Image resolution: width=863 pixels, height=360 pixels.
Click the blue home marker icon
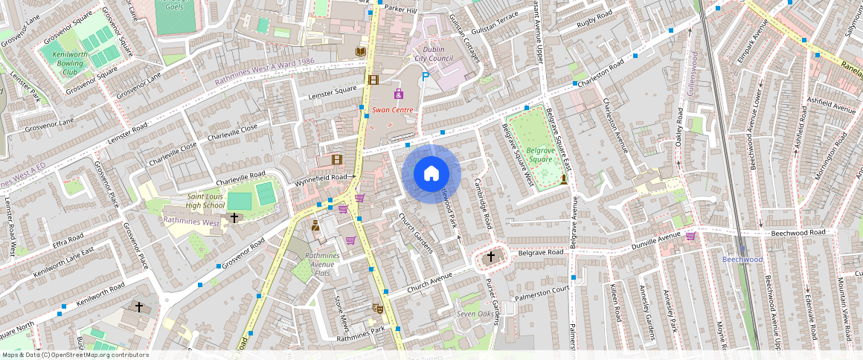pos(431,173)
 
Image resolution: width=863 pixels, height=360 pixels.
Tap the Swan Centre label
pos(392,109)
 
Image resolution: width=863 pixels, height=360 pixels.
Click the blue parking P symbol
pos(426,76)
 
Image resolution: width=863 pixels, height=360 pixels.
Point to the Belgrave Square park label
pos(539,154)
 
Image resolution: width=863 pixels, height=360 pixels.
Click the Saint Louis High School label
pos(194,201)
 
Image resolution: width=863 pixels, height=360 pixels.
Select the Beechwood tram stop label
pos(742,260)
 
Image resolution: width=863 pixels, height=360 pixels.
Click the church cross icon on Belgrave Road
pos(490,257)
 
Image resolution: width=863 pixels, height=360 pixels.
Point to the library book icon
pos(361,51)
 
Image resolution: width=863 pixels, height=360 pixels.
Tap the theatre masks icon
pos(377,307)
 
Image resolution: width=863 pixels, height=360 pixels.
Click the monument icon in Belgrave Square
pos(564,179)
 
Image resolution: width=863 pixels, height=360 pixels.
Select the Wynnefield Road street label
pos(321,179)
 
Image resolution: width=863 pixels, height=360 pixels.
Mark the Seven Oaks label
pos(475,315)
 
